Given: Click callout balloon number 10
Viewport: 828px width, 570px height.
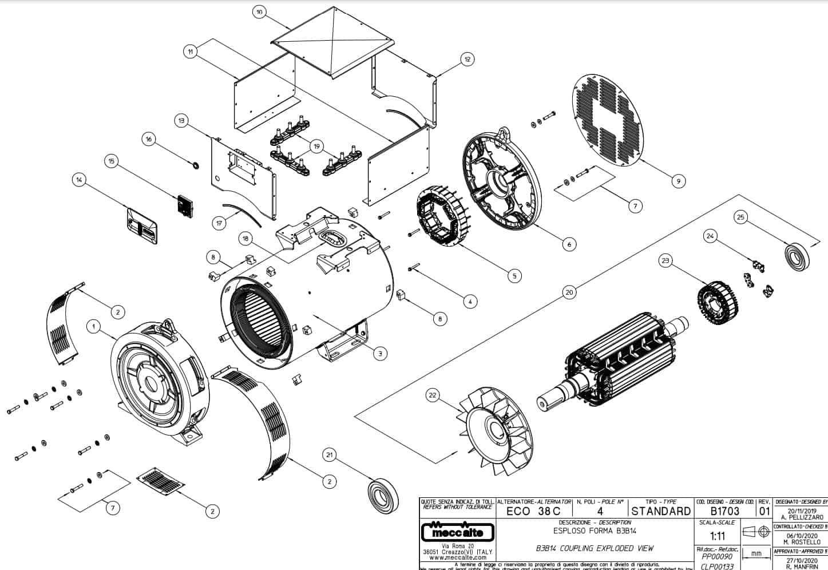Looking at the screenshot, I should (260, 12).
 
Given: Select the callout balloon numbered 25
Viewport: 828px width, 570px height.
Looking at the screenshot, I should (741, 217).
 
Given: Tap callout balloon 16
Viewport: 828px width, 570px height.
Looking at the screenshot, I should (149, 140).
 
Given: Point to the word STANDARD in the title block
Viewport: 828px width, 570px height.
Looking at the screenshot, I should (661, 511).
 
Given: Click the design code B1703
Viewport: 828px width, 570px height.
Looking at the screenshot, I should (724, 511).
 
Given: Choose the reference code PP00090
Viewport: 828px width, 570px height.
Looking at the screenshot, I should (716, 556).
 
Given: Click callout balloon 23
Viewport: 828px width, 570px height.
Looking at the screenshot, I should (665, 261).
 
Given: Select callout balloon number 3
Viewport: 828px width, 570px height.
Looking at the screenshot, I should (379, 354).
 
